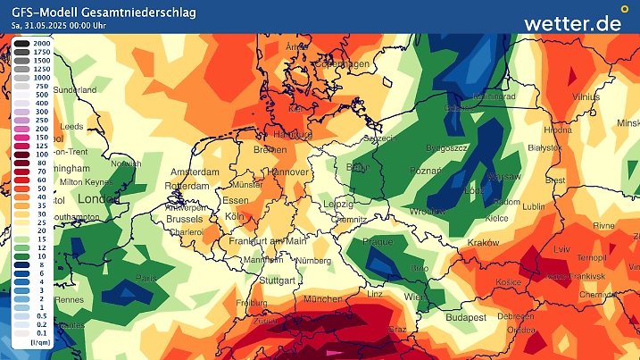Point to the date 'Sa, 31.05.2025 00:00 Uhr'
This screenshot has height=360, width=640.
67,26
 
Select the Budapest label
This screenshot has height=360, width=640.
465,317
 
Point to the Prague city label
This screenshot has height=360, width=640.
379,241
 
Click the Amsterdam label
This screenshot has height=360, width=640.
195,172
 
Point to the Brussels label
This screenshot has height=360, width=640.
185,218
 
